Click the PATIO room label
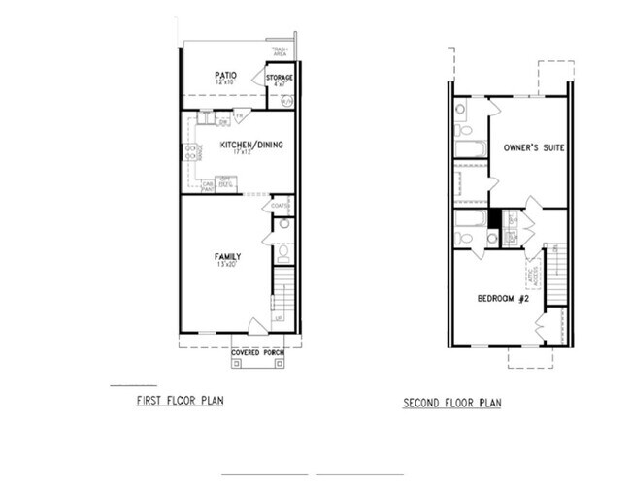click(x=227, y=74)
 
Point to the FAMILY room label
click(x=227, y=257)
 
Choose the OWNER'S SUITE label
click(x=534, y=147)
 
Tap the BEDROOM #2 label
click(x=502, y=298)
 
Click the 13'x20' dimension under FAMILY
click(x=227, y=266)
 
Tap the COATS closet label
click(x=280, y=206)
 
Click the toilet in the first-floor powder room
click(x=282, y=252)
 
